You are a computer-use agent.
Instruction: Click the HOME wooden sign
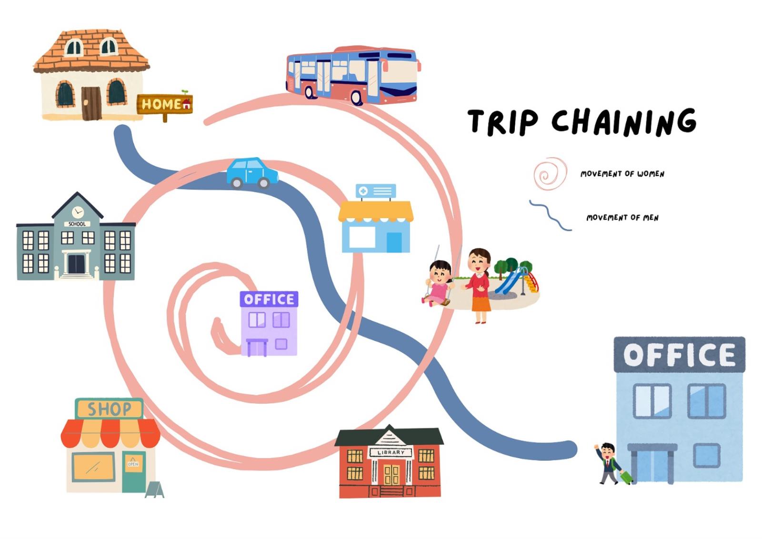[x=164, y=104]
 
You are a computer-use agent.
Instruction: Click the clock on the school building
[x=78, y=212]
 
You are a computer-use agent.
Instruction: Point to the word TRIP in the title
[x=502, y=121]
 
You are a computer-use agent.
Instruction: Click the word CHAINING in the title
[x=624, y=121]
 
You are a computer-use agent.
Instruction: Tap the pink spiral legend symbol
[x=550, y=174]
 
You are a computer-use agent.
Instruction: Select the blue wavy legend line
[x=551, y=216]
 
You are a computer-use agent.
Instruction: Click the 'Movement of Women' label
[x=622, y=174]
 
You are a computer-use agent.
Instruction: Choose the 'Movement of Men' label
[x=622, y=218]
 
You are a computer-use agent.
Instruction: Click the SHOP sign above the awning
[x=109, y=409]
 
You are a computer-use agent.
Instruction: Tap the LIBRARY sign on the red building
[x=391, y=452]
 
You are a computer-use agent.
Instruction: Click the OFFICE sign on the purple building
[x=269, y=299]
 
